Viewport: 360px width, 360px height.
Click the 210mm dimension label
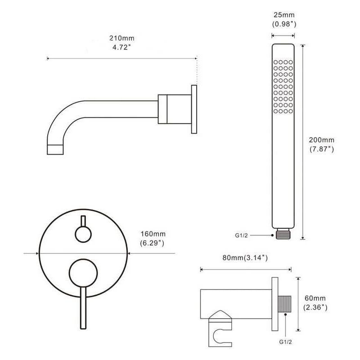click(x=121, y=38)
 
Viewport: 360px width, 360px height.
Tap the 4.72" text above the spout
click(x=121, y=48)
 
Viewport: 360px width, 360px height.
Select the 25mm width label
click(x=284, y=15)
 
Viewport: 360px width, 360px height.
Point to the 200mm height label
click(x=321, y=140)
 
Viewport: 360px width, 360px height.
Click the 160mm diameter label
click(x=153, y=234)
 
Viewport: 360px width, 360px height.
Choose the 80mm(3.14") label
click(x=245, y=258)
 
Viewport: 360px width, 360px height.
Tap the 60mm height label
click(x=315, y=298)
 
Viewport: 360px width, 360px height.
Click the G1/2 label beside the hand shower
click(x=241, y=235)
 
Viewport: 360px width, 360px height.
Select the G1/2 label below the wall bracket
click(x=285, y=342)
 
